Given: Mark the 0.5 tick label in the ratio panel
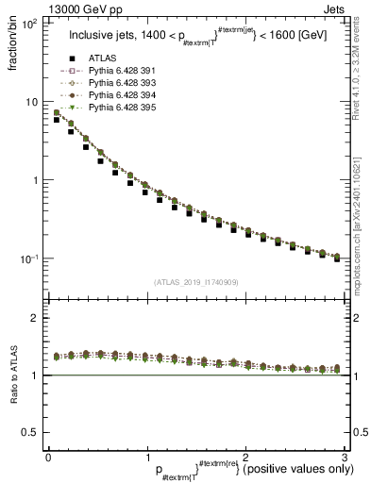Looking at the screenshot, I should click(30, 432).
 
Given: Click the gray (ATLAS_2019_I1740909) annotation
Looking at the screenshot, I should click(195, 281).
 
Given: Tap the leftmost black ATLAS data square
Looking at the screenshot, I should click(58, 120).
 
